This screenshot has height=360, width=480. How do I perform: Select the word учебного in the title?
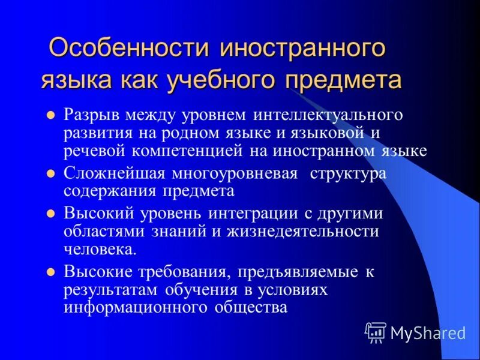[x=226, y=80]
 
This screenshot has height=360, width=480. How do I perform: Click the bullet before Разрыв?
[x=52, y=114]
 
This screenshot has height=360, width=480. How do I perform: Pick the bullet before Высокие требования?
[x=52, y=272]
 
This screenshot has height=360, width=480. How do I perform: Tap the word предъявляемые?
[x=298, y=272]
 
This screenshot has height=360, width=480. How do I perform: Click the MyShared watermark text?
[x=427, y=332]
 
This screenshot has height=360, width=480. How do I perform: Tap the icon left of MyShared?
[x=376, y=332]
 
